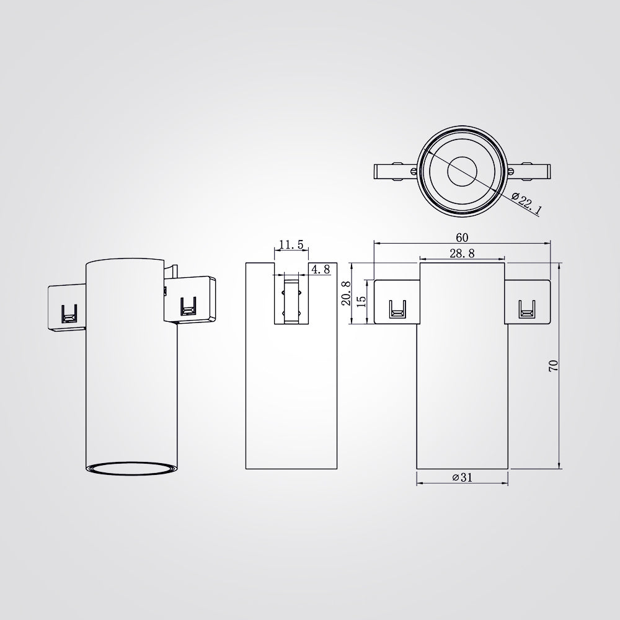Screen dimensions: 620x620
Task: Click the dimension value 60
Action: (x=462, y=237)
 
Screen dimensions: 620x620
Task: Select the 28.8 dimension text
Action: (x=462, y=253)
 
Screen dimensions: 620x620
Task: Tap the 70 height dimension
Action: (x=554, y=365)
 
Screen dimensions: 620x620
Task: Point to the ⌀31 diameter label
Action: (x=462, y=477)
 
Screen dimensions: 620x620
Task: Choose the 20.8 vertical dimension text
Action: (x=347, y=293)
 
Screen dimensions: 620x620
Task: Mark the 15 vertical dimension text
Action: (x=362, y=301)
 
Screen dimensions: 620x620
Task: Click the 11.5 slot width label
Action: (x=291, y=245)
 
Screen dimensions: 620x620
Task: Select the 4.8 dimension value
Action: (x=321, y=269)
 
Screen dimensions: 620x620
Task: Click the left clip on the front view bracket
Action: (x=396, y=309)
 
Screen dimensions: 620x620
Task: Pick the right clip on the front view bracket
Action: (x=526, y=309)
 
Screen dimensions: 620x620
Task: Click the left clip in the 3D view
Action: (x=68, y=314)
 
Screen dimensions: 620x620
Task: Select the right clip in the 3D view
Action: (x=187, y=307)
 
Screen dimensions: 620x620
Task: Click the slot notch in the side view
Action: (x=291, y=298)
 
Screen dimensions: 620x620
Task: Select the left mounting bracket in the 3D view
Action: (x=67, y=308)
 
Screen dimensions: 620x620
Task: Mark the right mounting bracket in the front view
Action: (x=528, y=301)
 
